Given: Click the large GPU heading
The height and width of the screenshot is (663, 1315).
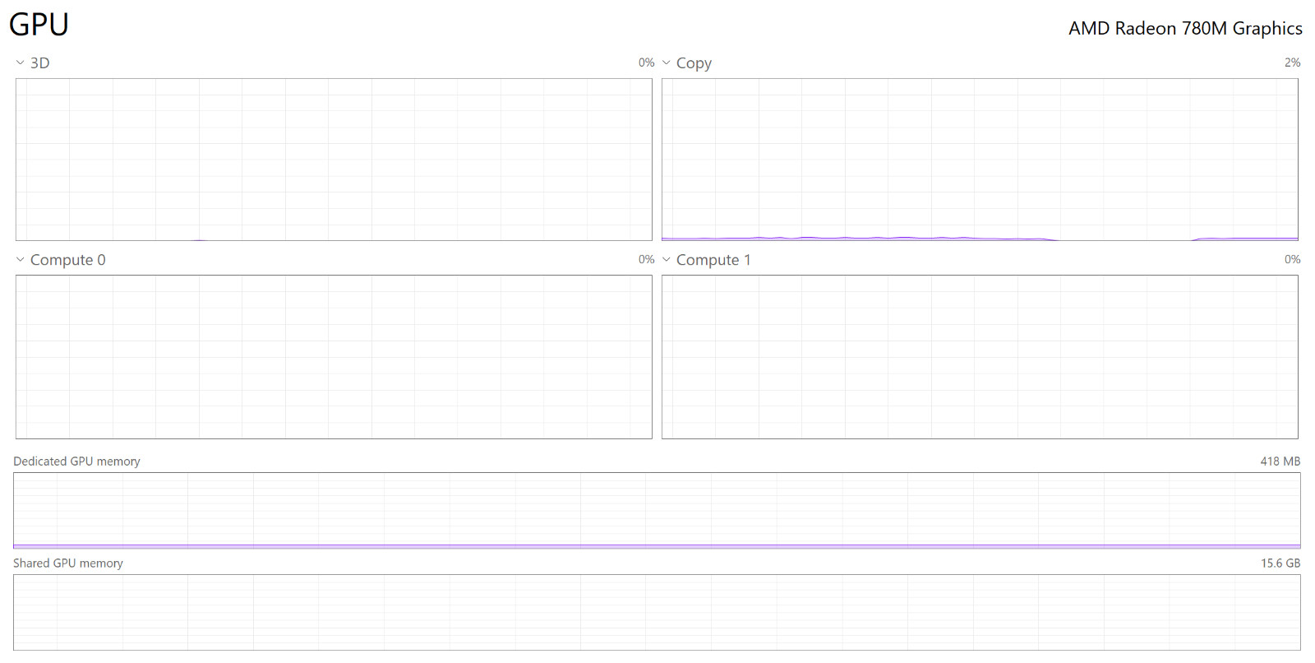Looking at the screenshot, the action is tap(39, 25).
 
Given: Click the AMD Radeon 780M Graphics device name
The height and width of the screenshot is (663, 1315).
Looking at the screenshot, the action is tap(1184, 28).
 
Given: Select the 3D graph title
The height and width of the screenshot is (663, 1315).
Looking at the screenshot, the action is tap(40, 63).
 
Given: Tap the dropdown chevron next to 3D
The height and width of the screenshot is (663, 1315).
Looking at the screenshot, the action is tap(20, 63).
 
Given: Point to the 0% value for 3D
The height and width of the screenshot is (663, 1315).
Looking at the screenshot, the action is tap(646, 63).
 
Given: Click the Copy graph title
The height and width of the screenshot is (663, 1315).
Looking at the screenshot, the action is tap(694, 63).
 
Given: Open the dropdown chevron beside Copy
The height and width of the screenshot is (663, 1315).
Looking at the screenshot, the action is tap(667, 63).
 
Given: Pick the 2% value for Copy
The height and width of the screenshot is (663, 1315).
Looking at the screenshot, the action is tap(1292, 63).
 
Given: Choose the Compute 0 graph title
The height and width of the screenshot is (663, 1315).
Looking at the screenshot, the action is tap(67, 260).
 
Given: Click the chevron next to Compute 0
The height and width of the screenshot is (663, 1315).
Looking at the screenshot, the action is tap(20, 259).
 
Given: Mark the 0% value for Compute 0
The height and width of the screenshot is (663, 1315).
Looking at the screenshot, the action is tap(646, 259).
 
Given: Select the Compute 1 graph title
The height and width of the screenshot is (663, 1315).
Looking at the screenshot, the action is tap(713, 260).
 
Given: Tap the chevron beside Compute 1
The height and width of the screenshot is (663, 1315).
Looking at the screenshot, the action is tap(667, 259).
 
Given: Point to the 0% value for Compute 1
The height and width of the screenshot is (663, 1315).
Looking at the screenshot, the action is tap(1292, 259).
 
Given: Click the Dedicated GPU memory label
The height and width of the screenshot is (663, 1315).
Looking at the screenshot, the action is tap(76, 461).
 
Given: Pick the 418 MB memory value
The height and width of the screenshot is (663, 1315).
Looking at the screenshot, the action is tap(1280, 461).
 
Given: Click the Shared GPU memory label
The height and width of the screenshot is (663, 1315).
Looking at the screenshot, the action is tap(68, 563).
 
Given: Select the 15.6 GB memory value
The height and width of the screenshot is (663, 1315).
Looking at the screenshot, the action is tap(1280, 563).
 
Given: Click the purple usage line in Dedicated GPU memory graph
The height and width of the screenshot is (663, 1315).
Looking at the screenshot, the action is tap(657, 546).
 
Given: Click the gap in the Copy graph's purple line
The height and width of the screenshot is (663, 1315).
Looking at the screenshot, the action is tap(1126, 240).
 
